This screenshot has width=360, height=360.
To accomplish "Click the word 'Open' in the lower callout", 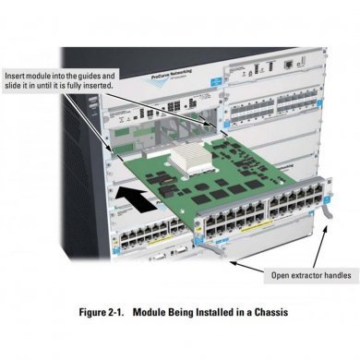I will [279, 274].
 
